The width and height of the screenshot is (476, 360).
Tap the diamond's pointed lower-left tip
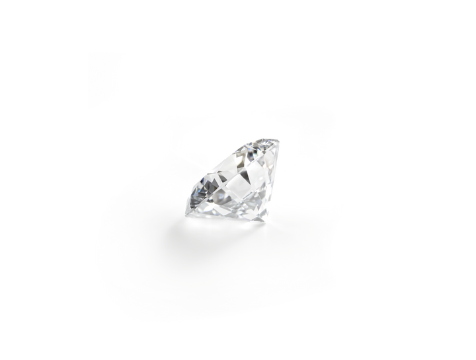pos(188,195)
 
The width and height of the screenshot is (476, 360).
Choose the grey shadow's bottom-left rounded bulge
pos(116,264)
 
